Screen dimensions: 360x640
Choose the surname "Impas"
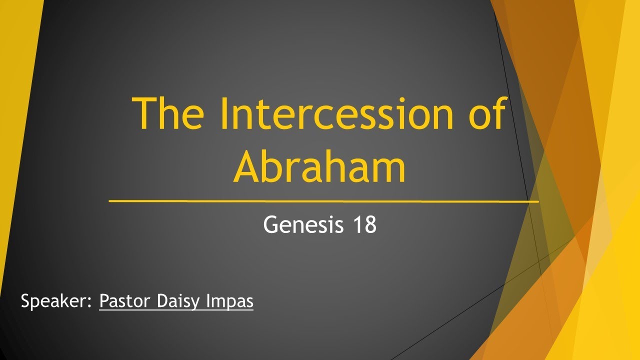[x=231, y=302]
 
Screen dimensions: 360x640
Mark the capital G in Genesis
[x=271, y=225]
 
